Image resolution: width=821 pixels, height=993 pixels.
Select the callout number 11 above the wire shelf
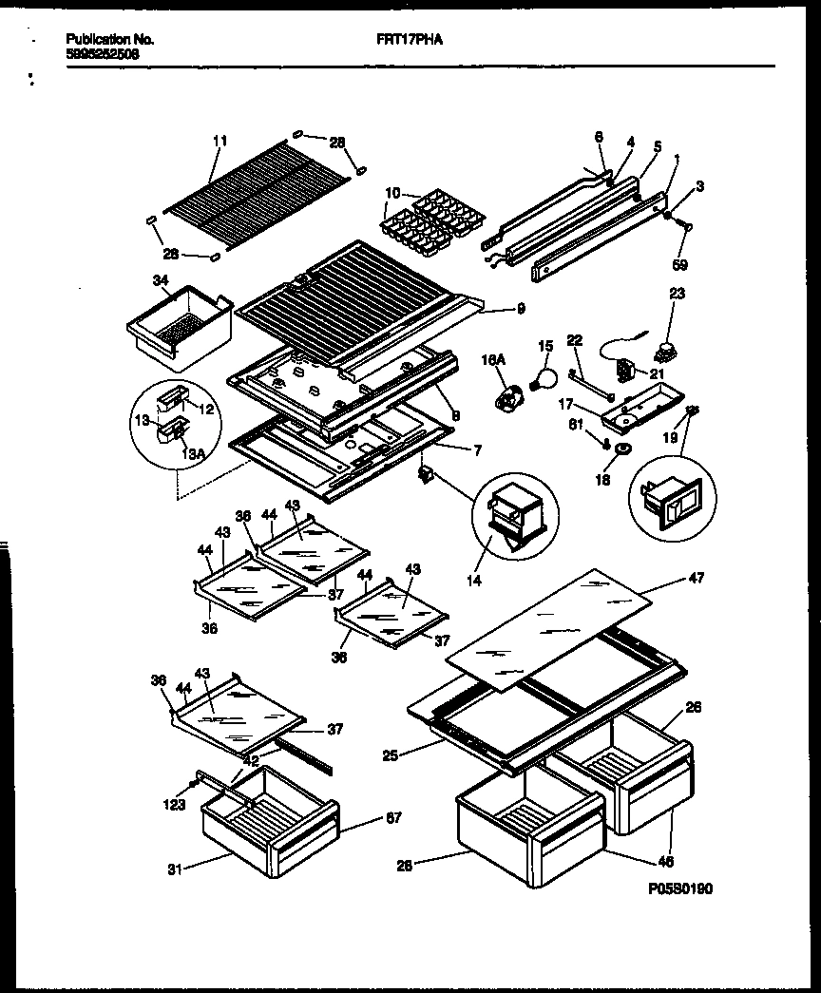pos(220,141)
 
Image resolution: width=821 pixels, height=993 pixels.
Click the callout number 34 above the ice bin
pos(159,280)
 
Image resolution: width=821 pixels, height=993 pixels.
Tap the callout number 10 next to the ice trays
pos(391,194)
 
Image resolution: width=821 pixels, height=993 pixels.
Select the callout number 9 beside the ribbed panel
pos(521,308)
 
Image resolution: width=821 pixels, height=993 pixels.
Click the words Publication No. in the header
pos(110,41)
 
